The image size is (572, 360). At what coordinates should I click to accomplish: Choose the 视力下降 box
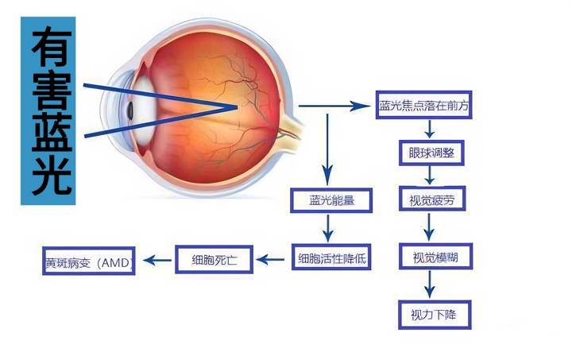435,313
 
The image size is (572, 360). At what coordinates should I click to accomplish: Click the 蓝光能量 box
331,201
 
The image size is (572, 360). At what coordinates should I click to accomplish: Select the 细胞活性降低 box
333,257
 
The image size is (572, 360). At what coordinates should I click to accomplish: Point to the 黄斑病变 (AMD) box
88,260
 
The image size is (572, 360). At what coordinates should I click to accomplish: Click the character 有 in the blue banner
48,49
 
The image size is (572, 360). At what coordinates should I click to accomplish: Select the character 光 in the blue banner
48,176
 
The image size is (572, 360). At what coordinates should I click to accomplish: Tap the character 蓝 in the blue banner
48,134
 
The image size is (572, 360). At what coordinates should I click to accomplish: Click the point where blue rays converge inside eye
235,106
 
